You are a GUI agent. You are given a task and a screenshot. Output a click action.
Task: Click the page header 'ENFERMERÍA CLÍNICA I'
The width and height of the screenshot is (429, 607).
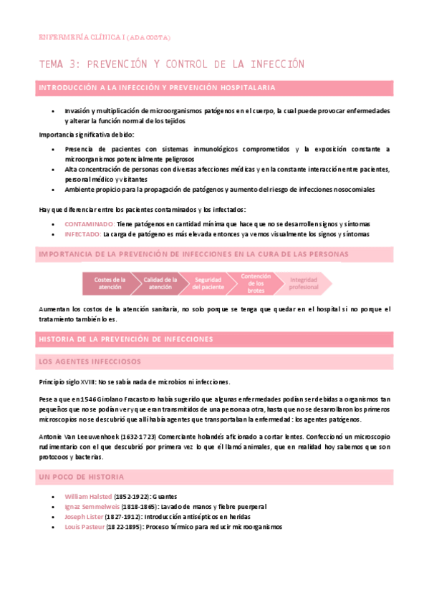pyautogui.click(x=86, y=37)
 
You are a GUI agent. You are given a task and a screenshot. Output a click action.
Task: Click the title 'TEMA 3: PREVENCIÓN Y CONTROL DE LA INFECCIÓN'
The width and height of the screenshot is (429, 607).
pyautogui.click(x=172, y=64)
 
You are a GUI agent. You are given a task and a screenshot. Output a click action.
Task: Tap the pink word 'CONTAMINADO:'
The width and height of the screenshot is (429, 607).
pyautogui.click(x=88, y=224)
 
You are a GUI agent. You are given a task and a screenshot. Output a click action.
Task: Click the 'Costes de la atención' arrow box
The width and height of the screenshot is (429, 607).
pyautogui.click(x=110, y=283)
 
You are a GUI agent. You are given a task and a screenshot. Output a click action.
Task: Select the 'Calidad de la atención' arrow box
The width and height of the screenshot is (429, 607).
pyautogui.click(x=160, y=283)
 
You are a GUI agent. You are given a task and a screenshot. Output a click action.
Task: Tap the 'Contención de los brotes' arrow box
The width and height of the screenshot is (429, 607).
pyautogui.click(x=256, y=283)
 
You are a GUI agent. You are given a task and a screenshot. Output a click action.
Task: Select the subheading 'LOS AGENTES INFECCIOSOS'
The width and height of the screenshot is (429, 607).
pyautogui.click(x=90, y=361)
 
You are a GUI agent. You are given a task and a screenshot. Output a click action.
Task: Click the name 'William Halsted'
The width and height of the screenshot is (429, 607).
pyautogui.click(x=88, y=496)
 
